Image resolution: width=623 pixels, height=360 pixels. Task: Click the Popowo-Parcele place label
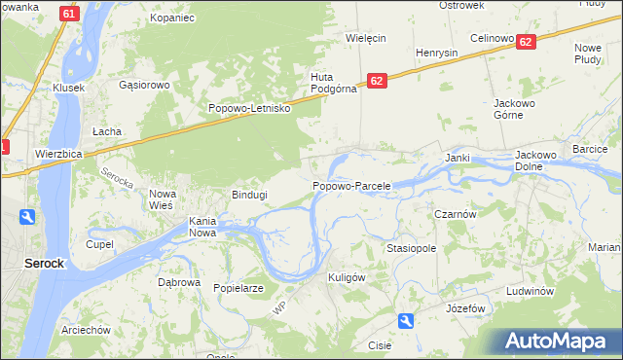[x=351, y=186]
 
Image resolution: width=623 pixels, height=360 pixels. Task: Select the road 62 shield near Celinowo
[x=526, y=42]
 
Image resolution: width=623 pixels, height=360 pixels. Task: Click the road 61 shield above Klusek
[x=67, y=14]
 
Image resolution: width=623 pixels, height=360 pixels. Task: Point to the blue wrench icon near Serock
[x=26, y=218]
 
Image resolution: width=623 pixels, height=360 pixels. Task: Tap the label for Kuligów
[x=347, y=277]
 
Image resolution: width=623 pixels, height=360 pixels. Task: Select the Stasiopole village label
[x=411, y=249]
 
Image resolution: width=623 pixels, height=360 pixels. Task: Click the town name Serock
[x=44, y=264]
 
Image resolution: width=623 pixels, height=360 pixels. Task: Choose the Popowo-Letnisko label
[x=250, y=108]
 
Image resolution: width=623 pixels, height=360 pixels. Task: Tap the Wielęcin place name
[x=367, y=38]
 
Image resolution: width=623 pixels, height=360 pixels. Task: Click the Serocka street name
[x=116, y=178]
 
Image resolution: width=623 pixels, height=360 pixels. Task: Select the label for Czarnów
[x=454, y=214]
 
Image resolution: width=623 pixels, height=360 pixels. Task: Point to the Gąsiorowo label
[x=144, y=85]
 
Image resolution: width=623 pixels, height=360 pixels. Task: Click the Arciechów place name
[x=86, y=330]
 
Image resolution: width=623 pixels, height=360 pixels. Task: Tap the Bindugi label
[x=248, y=195]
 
